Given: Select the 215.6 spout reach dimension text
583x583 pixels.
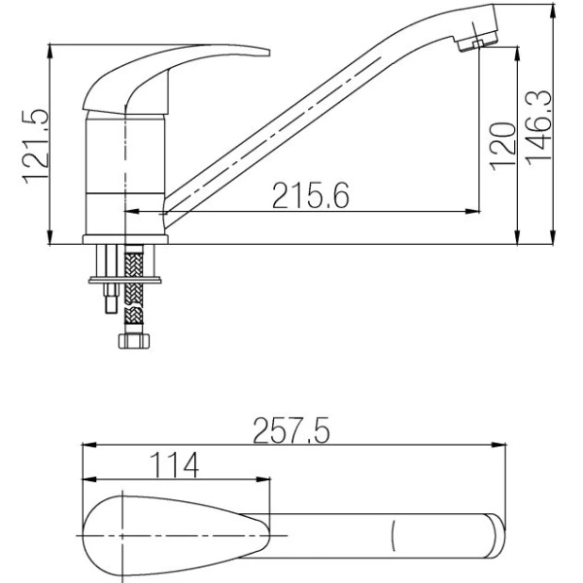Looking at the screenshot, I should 310,197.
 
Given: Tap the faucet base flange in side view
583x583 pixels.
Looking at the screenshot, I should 127,239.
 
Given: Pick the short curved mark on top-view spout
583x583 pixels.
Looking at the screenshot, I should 394,536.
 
